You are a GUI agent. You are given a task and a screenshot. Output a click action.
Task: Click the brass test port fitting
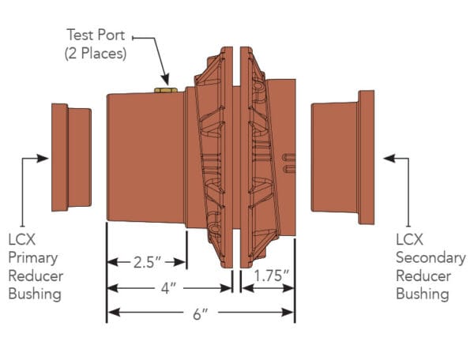click(x=166, y=90)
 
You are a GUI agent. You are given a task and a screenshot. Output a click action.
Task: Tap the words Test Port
click(x=96, y=35)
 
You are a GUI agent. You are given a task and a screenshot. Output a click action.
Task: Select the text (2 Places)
click(x=96, y=54)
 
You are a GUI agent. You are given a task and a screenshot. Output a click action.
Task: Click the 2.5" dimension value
click(x=146, y=262)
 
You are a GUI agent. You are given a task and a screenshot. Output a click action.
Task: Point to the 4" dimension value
click(x=168, y=288)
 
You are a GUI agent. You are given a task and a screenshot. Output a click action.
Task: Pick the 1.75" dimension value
click(x=271, y=276)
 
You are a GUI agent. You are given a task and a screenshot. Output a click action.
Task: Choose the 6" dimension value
click(x=201, y=314)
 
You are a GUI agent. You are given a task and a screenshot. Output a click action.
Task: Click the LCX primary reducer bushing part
click(x=71, y=157)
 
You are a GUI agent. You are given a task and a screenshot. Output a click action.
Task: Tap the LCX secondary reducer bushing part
click(x=343, y=157)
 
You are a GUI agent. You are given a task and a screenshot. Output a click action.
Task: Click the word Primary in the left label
click(x=33, y=258)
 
